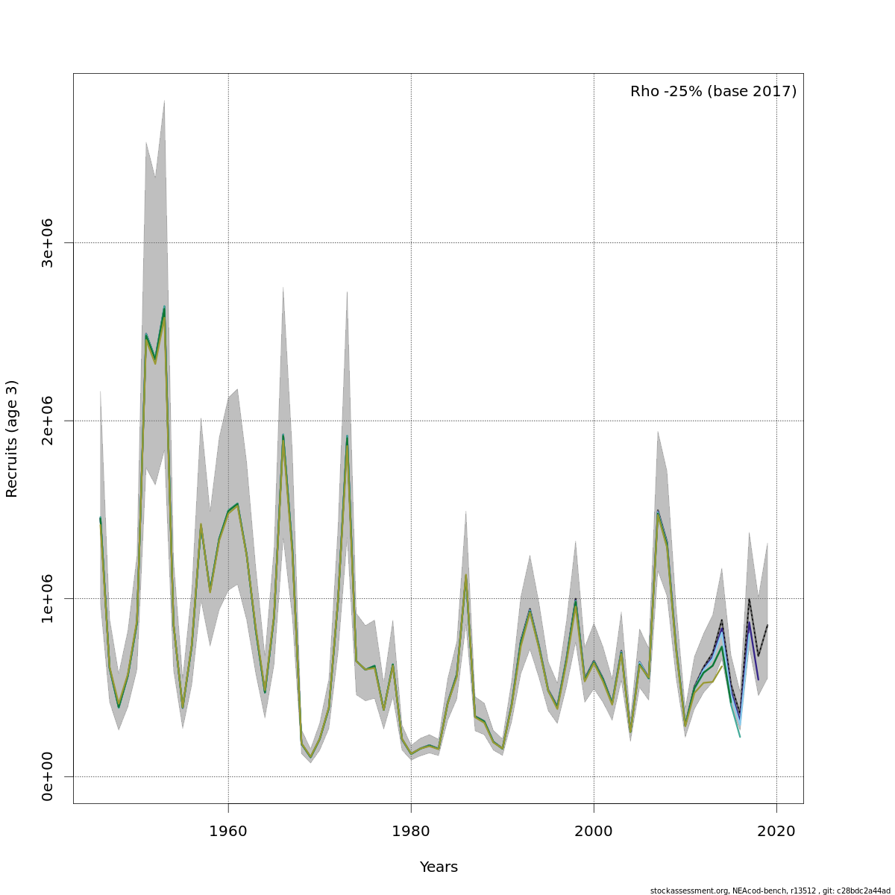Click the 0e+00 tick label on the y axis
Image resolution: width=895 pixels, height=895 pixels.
pyautogui.click(x=47, y=776)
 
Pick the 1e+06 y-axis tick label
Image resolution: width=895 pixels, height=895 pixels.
pyautogui.click(x=47, y=598)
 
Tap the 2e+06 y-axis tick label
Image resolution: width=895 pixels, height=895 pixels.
pyautogui.click(x=47, y=421)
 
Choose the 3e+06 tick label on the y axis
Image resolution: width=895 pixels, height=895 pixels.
pyautogui.click(x=47, y=243)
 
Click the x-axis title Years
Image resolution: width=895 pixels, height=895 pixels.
pyautogui.click(x=439, y=867)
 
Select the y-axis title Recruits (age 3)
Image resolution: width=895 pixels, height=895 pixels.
pyautogui.click(x=12, y=439)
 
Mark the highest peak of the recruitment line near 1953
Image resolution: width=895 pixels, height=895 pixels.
pyautogui.click(x=164, y=307)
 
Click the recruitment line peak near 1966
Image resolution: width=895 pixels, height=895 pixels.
pyautogui.click(x=283, y=436)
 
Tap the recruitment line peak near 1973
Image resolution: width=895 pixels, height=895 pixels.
pyautogui.click(x=347, y=437)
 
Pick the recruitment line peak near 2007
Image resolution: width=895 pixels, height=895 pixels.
pyautogui.click(x=658, y=512)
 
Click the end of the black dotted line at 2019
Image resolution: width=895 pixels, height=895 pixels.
pyautogui.click(x=767, y=625)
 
